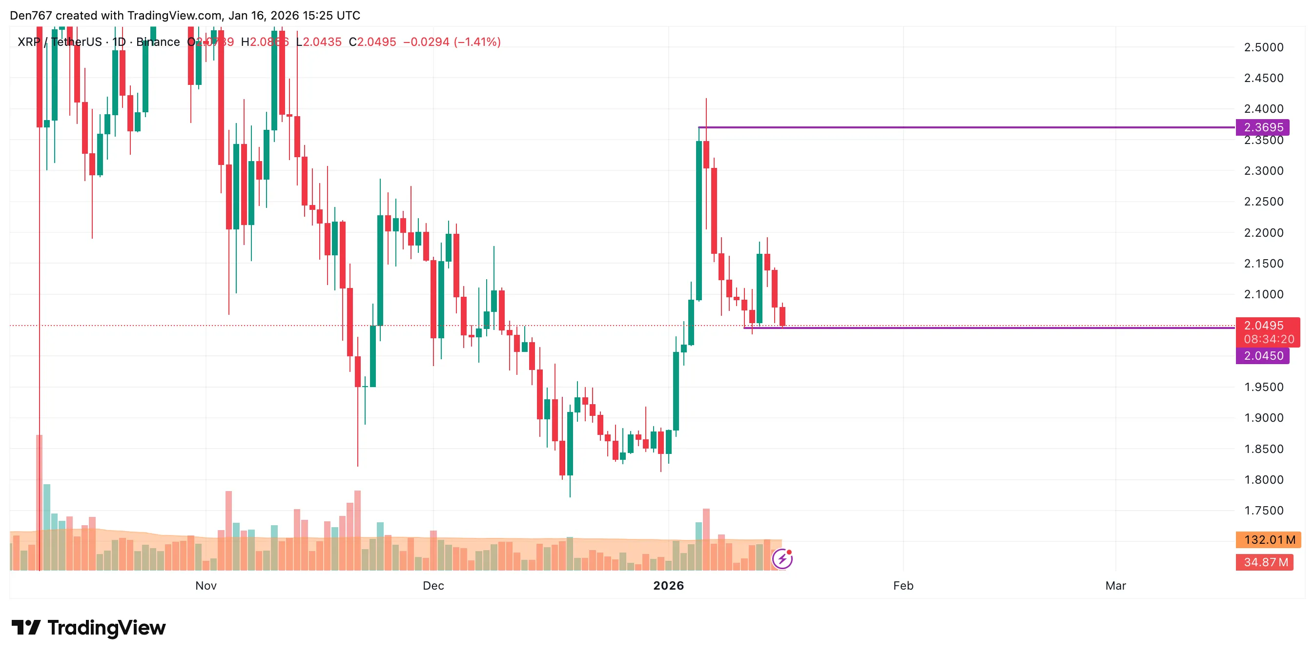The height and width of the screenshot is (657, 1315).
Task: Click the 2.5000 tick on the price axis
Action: pos(1263,47)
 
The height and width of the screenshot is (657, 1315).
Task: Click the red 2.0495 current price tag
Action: pos(1263,326)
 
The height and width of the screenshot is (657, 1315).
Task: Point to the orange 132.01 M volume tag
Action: pos(1269,539)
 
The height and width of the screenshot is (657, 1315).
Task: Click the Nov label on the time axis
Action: pos(205,586)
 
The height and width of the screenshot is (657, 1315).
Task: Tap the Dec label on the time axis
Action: pos(433,586)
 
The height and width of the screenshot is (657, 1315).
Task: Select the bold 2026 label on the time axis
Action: pos(668,586)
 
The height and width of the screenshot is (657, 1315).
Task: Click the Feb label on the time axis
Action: pos(903,586)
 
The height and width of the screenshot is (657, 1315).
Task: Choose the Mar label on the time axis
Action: pos(1115,586)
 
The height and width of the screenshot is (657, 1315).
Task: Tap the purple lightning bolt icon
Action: pos(782,559)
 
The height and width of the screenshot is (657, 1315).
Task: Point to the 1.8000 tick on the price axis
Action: pos(1263,480)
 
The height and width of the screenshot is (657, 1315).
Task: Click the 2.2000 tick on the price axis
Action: pos(1263,233)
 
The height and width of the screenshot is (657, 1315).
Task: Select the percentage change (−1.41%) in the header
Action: pos(477,42)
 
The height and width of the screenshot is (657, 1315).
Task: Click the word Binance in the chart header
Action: pos(158,42)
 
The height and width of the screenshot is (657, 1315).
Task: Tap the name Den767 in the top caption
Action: pos(31,15)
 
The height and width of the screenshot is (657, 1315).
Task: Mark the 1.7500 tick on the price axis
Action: pos(1263,511)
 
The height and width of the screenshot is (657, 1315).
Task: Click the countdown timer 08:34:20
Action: pos(1269,339)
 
